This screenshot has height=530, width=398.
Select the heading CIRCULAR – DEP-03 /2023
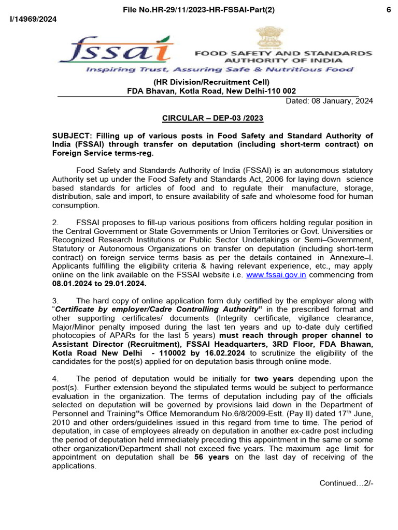pos(212,118)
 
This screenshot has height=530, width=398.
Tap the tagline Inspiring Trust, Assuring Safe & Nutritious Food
pos(219,69)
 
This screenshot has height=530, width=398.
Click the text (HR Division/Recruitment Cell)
pos(211,82)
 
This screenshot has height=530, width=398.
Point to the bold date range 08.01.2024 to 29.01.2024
pos(99,284)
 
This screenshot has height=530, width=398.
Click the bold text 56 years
pos(211,457)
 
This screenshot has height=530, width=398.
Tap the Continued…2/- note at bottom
pos(346,483)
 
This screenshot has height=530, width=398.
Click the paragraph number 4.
pos(55,378)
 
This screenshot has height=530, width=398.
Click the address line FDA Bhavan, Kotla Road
pos(211,91)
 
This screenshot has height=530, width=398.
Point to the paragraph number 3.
pos(55,300)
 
